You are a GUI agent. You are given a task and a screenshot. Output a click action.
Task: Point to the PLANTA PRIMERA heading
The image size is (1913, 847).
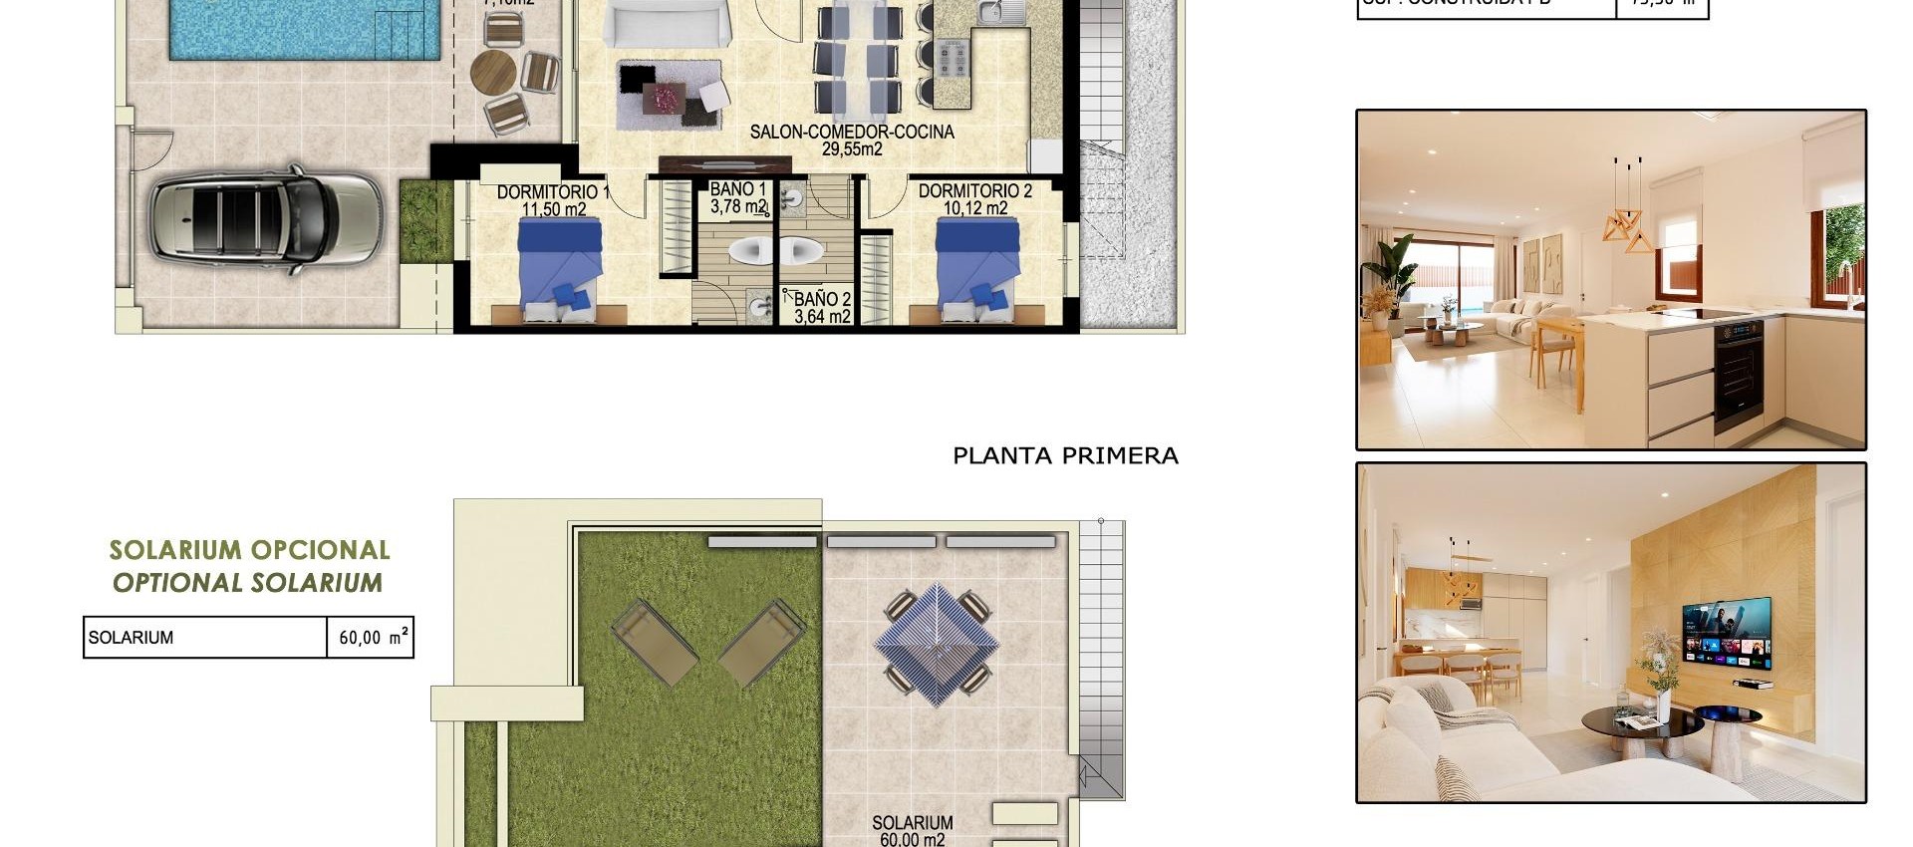coord(1065,456)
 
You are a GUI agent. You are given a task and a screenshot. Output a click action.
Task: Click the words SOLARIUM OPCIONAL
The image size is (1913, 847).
coord(249,550)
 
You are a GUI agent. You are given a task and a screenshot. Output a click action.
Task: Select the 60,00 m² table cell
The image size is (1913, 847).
coord(371,638)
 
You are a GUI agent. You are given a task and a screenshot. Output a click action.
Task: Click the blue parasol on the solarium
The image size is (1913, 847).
coord(937,643)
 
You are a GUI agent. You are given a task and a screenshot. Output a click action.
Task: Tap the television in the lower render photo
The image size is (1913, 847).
coord(1727,633)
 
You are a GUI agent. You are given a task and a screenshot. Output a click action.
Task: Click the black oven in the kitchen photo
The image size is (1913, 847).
coord(1739,374)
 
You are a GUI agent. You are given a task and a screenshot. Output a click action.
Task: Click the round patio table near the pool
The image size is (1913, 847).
coord(493,71)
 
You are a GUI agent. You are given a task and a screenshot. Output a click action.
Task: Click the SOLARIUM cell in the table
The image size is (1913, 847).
coord(204,638)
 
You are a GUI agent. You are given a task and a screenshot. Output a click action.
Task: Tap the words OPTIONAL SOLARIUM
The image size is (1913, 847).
coord(247,583)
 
